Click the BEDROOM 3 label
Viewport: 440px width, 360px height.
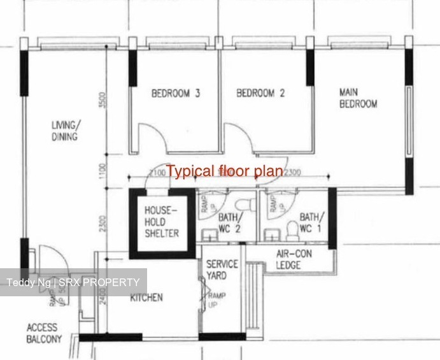pos(176,94)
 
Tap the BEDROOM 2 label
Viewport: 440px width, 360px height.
pos(260,94)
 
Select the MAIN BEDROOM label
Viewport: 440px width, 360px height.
pos(358,97)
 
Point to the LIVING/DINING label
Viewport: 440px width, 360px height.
pos(64,130)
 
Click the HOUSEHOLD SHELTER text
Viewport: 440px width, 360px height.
pos(162,221)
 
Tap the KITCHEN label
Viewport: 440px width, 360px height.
pos(146,298)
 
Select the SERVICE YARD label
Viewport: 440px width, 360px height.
pos(222,270)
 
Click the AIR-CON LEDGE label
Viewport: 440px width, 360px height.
pos(294,259)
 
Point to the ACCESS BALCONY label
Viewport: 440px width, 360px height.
pos(45,333)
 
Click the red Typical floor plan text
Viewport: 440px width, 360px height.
pos(224,171)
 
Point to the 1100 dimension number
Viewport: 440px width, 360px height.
pos(103,171)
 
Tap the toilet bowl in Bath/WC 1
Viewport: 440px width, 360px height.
pos(292,227)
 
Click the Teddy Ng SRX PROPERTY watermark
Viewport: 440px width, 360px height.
pos(73,282)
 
